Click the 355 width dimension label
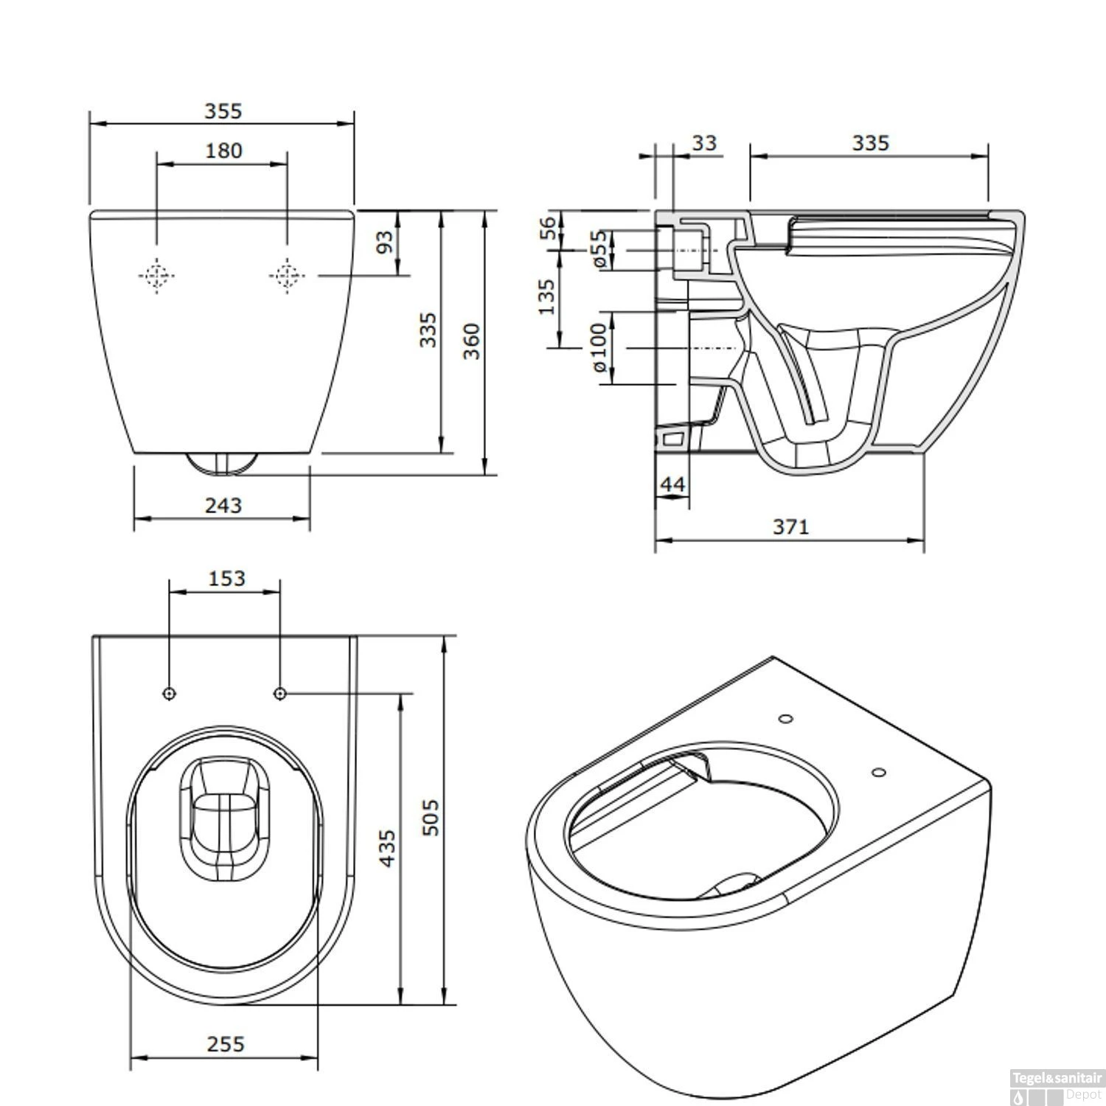point(222,111)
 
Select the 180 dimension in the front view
point(223,150)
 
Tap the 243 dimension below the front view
point(223,505)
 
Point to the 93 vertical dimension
point(385,242)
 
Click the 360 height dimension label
point(472,341)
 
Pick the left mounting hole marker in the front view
point(156,276)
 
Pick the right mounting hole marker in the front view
point(287,276)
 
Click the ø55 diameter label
point(599,249)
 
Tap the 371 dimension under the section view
point(790,526)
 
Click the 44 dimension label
point(672,484)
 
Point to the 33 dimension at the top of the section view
point(704,142)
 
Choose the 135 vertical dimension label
point(546,296)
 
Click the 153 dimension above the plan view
point(226,578)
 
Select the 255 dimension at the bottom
point(225,1044)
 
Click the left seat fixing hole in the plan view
point(170,693)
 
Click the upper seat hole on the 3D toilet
point(786,718)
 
